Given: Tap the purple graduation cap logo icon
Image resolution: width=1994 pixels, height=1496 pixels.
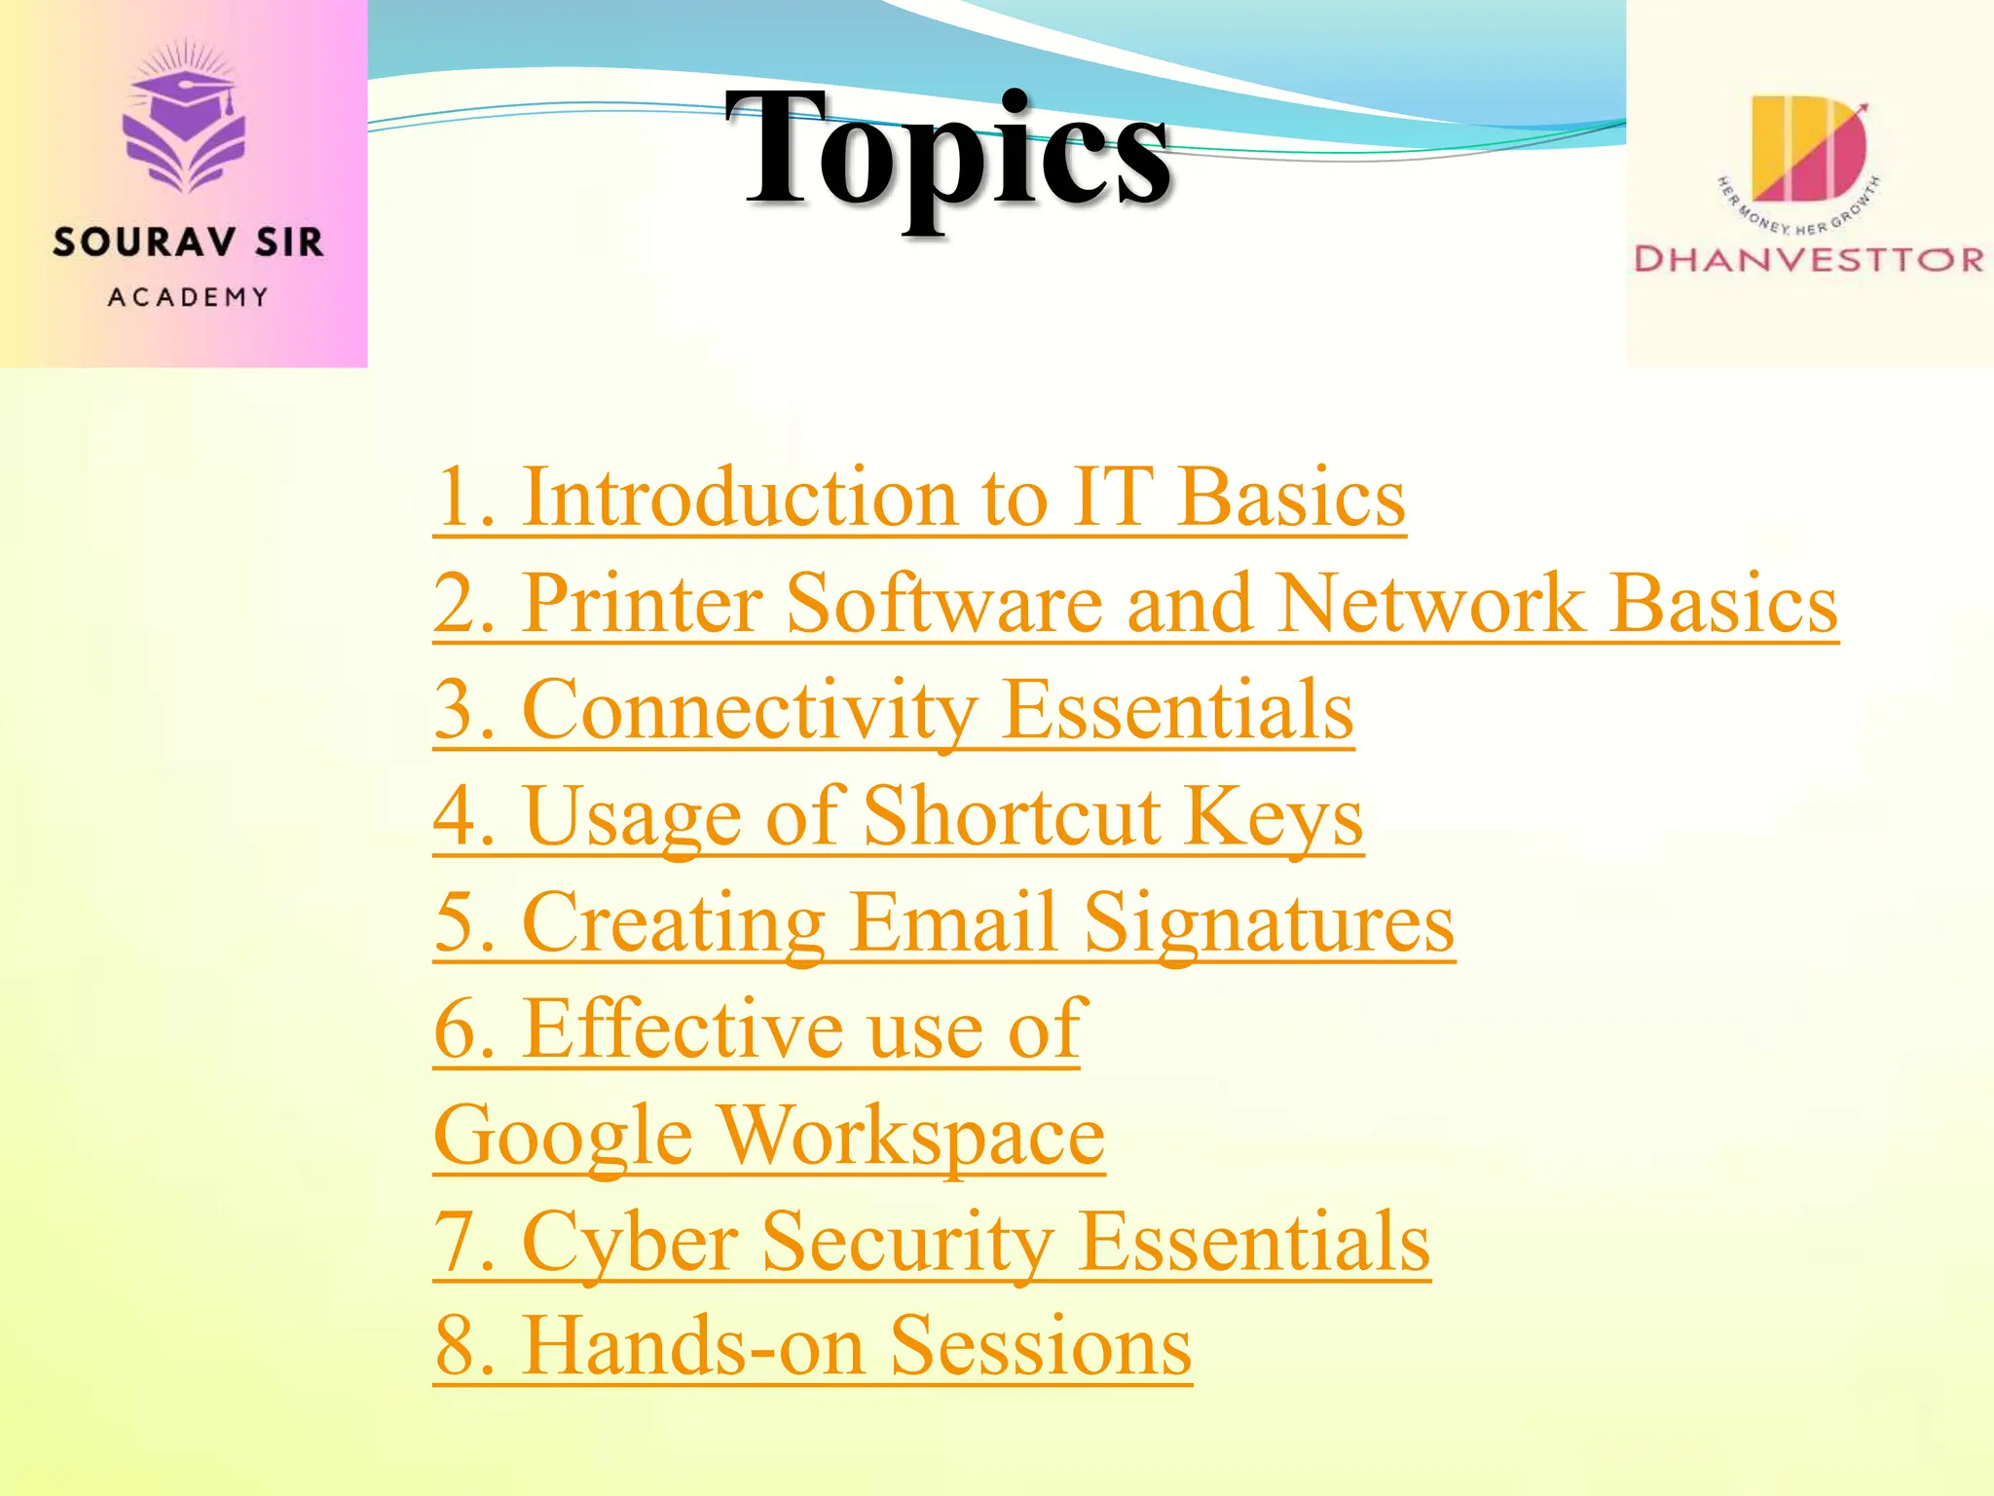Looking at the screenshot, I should [x=184, y=122].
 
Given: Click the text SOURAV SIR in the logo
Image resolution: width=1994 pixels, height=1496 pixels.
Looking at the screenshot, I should [x=188, y=243].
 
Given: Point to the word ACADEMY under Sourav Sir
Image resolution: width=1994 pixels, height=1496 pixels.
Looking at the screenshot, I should [x=188, y=297].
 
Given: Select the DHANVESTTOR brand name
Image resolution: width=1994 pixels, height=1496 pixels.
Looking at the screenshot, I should [x=1809, y=259].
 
